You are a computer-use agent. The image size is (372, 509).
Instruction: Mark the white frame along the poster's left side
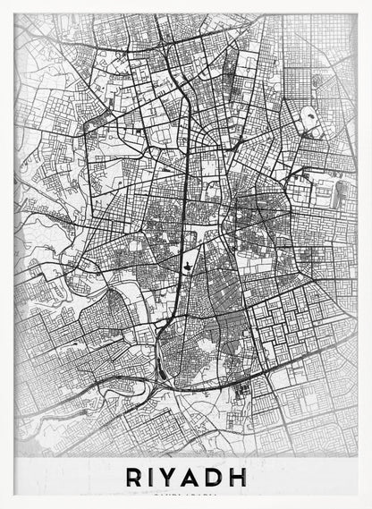[7, 250]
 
